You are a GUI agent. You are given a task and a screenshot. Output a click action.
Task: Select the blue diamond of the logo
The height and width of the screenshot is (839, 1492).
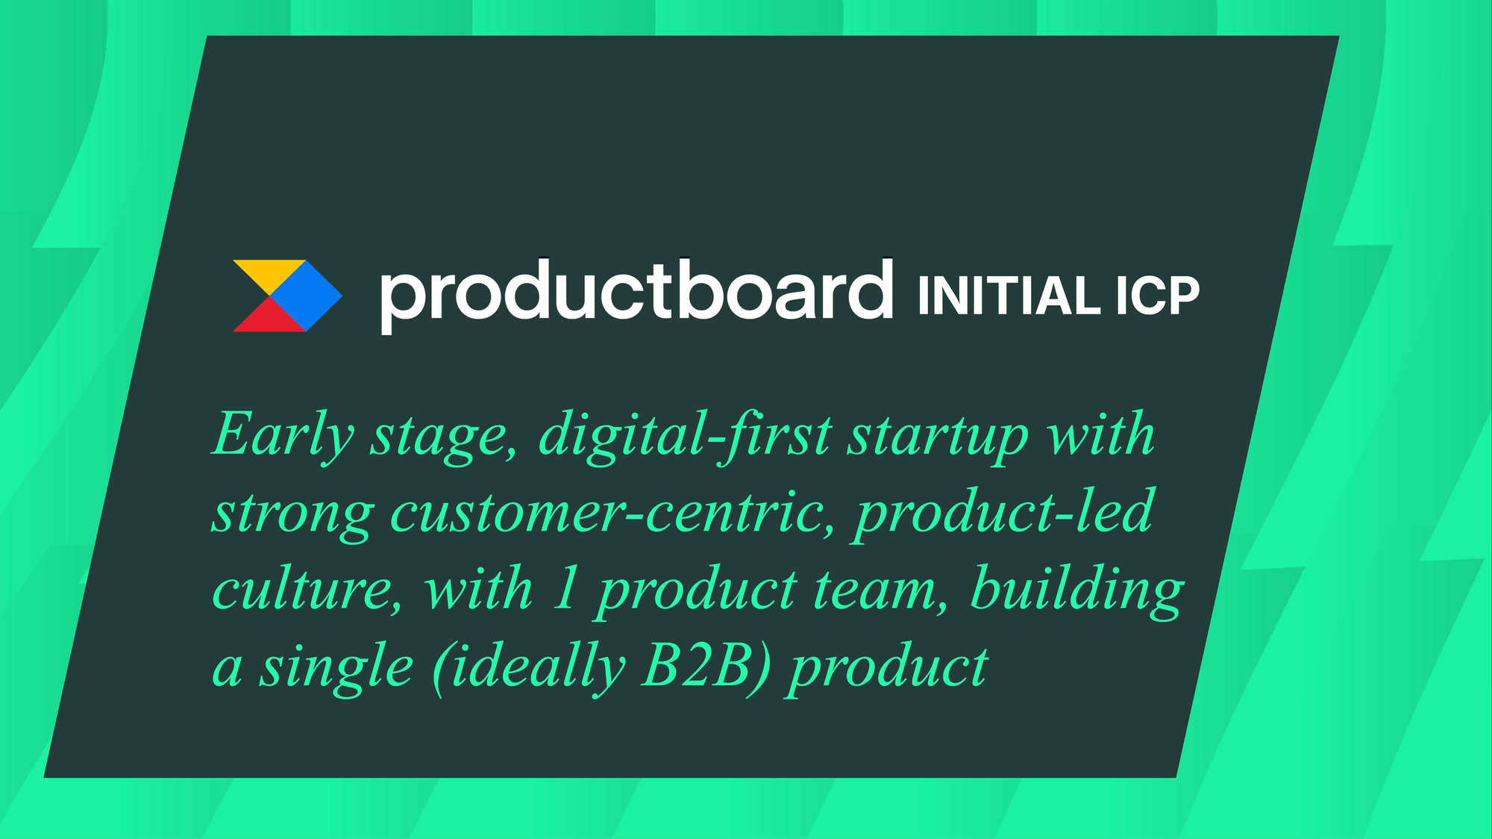306,296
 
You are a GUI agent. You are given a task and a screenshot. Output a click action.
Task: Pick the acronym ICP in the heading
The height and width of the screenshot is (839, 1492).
1158,296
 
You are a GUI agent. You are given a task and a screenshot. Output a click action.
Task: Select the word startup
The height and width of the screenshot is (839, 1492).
938,438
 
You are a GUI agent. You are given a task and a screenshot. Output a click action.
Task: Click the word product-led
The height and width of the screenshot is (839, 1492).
1004,514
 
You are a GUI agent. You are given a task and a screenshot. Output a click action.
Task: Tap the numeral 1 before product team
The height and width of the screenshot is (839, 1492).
565,588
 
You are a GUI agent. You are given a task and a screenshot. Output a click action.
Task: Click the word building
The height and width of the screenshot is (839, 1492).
1076,593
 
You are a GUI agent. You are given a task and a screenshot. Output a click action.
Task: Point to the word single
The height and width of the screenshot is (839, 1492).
336,668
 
